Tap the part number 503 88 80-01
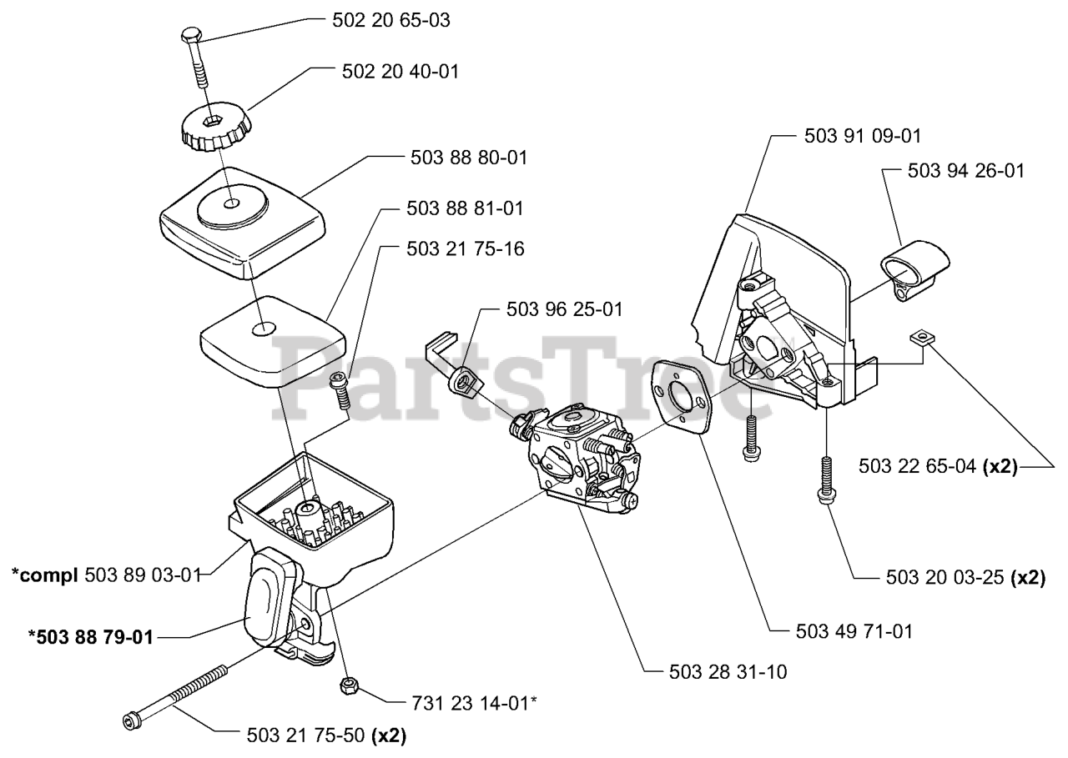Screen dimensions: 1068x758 [x=469, y=157]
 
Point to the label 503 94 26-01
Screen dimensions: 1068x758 [x=965, y=171]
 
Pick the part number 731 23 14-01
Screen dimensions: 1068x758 [x=472, y=703]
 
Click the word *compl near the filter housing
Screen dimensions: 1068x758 [x=45, y=574]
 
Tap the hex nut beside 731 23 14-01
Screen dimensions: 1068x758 [x=348, y=685]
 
